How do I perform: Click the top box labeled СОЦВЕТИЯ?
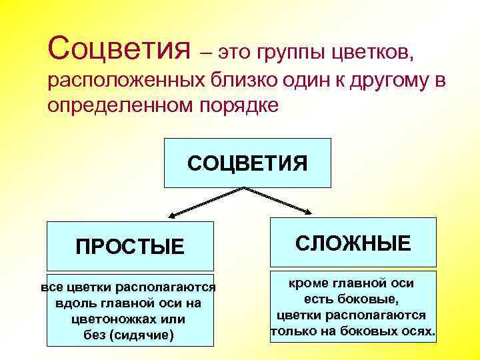pyautogui.click(x=247, y=163)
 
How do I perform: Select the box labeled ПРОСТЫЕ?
pyautogui.click(x=129, y=247)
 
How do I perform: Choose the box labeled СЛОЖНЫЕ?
pyautogui.click(x=353, y=243)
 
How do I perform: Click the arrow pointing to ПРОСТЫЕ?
pyautogui.click(x=200, y=203)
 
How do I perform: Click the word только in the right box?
pyautogui.click(x=291, y=331)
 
